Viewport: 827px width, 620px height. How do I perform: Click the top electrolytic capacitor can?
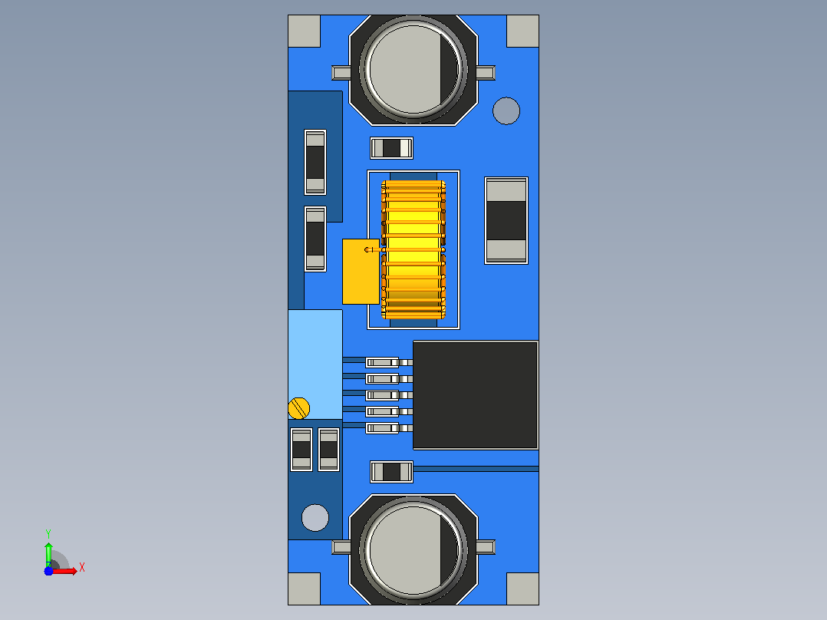coord(413,69)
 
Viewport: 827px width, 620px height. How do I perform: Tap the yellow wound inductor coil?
coord(413,249)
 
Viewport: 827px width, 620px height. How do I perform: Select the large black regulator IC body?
coord(475,395)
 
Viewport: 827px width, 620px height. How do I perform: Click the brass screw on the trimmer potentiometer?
coord(299,408)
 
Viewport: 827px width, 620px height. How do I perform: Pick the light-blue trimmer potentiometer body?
coord(315,364)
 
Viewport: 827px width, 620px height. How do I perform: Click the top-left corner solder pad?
coord(305,31)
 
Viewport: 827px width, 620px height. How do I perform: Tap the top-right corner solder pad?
coord(522,31)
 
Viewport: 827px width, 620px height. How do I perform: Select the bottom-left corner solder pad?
coord(305,589)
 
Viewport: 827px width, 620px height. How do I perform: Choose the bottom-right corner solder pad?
coord(522,589)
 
